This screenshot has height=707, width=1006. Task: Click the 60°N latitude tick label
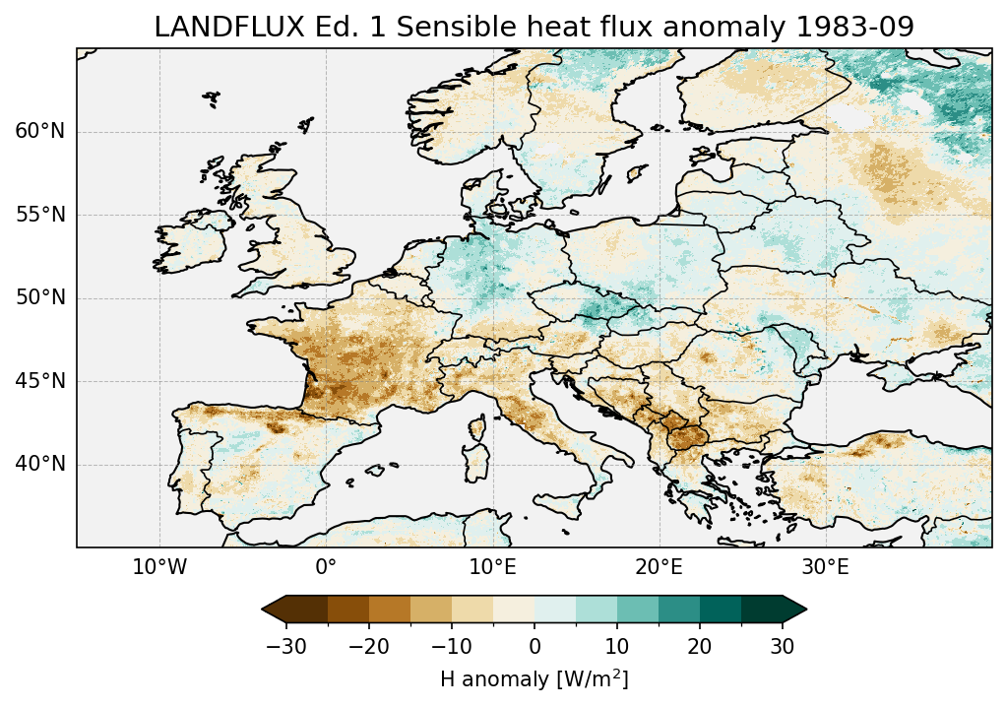pos(40,132)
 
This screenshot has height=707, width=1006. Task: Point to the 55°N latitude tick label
pos(40,215)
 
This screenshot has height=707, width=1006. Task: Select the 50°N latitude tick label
pos(40,298)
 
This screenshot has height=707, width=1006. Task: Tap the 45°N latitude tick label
pos(40,381)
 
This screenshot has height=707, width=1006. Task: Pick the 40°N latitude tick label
pos(40,464)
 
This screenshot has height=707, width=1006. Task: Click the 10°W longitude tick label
pos(159,568)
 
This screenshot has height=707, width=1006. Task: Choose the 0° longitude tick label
pos(326,568)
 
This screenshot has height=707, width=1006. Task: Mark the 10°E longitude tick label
pos(492,568)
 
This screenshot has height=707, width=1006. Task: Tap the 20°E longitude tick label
pos(659,568)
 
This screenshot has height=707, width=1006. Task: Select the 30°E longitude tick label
pos(825,568)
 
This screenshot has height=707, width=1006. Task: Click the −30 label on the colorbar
pos(286,646)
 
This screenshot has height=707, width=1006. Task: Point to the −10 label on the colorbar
pos(452,646)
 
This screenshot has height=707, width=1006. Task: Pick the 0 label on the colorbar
pos(534,646)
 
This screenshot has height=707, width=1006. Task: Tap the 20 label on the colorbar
pos(700,646)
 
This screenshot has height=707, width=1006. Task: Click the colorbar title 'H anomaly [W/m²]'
pos(534,679)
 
